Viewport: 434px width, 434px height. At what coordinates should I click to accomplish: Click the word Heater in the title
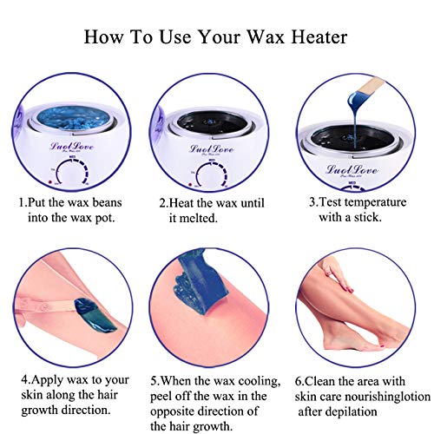tap(319, 37)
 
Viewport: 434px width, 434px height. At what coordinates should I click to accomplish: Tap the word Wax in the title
tap(266, 37)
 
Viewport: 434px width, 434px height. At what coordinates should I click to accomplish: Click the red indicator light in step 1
tap(49, 182)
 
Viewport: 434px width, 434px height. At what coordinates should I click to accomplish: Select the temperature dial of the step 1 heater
tap(71, 173)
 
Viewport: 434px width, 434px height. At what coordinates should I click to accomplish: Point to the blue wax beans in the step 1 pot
tap(73, 119)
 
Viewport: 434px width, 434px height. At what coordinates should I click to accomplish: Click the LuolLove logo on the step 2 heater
tap(212, 148)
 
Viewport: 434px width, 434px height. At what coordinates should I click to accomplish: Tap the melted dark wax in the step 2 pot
tap(212, 122)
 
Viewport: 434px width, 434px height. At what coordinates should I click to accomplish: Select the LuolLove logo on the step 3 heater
tap(352, 169)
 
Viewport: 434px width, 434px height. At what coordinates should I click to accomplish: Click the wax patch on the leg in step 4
tap(94, 316)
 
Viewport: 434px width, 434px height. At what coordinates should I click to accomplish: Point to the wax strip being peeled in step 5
tap(200, 281)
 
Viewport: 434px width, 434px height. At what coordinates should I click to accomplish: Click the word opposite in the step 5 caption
tap(174, 411)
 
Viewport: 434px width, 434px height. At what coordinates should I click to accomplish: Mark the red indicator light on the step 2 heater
tap(190, 185)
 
